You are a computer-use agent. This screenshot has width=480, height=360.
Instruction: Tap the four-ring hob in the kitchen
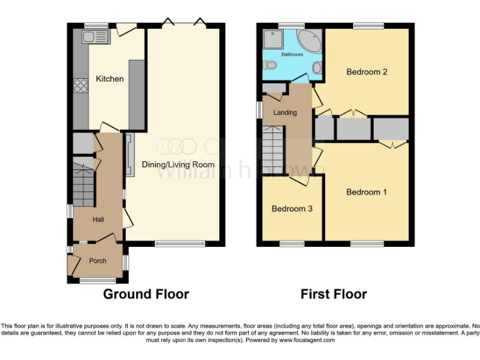[80, 85]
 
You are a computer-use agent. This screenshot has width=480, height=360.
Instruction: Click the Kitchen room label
[109, 79]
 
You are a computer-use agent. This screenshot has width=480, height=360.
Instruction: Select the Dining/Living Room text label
[178, 164]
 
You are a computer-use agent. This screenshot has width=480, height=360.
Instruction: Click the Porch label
[97, 261]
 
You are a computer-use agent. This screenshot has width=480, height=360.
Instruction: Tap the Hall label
[98, 219]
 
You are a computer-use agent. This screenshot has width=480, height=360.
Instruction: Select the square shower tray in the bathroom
[272, 40]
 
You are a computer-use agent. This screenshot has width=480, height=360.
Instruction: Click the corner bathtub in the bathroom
[309, 41]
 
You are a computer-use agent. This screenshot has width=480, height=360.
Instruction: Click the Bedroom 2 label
[367, 72]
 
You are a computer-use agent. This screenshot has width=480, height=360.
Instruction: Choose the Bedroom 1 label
[367, 192]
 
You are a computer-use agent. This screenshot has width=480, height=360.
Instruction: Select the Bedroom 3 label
[292, 209]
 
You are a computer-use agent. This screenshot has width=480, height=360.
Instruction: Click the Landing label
[284, 112]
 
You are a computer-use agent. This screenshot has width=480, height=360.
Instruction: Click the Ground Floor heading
[146, 294]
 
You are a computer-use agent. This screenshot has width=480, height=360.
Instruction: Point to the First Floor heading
[333, 294]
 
